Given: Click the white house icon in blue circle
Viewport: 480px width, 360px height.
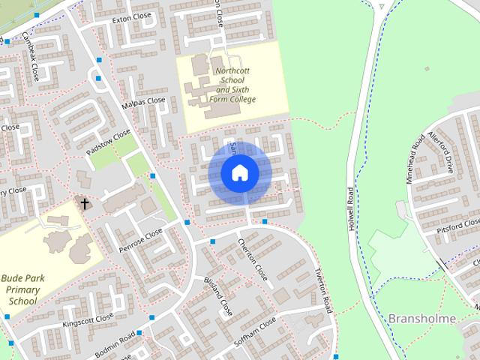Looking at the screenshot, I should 239,172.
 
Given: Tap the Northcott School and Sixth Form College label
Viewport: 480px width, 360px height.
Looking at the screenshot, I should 235,85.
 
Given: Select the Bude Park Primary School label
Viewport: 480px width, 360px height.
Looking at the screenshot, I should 22,289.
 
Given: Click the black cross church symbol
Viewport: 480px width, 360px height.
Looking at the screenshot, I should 84,203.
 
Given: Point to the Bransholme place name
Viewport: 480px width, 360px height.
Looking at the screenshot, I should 423,319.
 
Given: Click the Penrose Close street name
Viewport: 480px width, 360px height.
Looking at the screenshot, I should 139,241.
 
